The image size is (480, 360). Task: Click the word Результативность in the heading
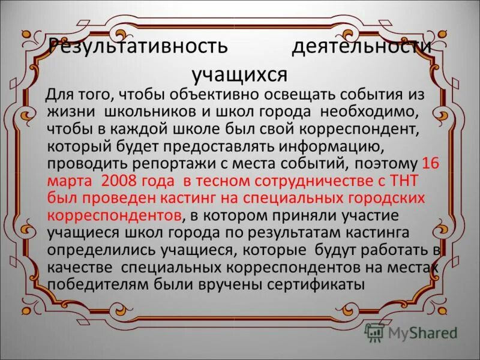point(138,47)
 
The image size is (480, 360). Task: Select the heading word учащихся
point(240,74)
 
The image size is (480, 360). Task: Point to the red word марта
point(71,181)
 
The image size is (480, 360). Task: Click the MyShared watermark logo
point(412,332)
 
